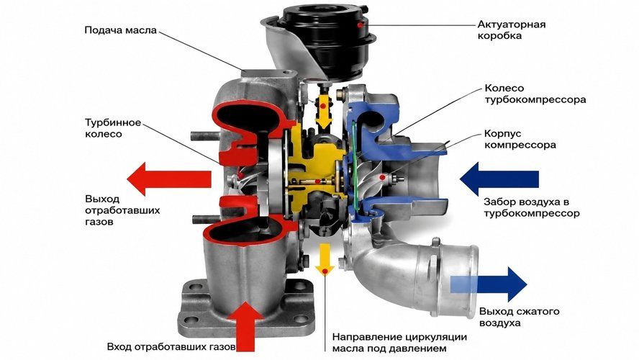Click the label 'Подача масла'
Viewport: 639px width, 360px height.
pos(121,30)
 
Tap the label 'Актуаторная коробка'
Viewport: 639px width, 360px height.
pos(512,30)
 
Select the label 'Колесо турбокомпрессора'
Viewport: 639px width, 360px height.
pos(535,94)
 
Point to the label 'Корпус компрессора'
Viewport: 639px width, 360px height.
pos(520,139)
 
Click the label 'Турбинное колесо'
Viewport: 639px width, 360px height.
pos(113,128)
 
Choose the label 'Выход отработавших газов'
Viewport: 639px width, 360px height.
pos(122,211)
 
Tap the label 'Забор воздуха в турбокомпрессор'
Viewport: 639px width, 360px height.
pos(531,207)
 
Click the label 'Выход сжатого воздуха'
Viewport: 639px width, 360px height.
pos(519,318)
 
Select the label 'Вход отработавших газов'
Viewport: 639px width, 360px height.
pos(171,347)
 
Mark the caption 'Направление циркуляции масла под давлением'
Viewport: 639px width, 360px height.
pos(399,343)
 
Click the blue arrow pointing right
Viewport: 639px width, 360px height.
pos(489,284)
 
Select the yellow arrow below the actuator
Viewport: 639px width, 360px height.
pos(324,111)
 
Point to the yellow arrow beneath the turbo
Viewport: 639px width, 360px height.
pos(325,260)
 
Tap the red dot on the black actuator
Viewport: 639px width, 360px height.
pos(360,25)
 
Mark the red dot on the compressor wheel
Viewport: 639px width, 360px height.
pos(382,177)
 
